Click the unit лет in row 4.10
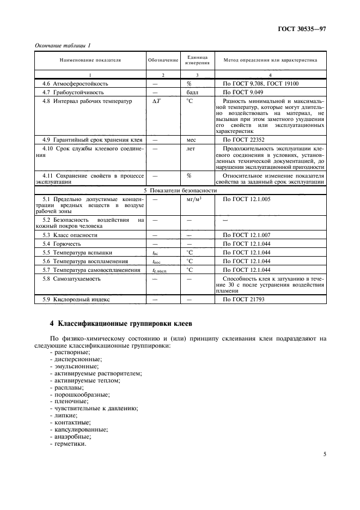[x=190, y=149]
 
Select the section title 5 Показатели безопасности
[x=180, y=191]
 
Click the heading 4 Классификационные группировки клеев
[x=118, y=324]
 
